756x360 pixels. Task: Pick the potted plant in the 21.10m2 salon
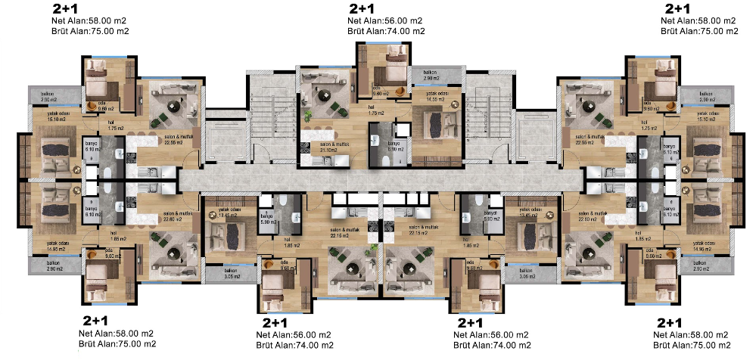click(309, 115)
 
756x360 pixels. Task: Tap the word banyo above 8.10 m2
click(393, 143)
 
